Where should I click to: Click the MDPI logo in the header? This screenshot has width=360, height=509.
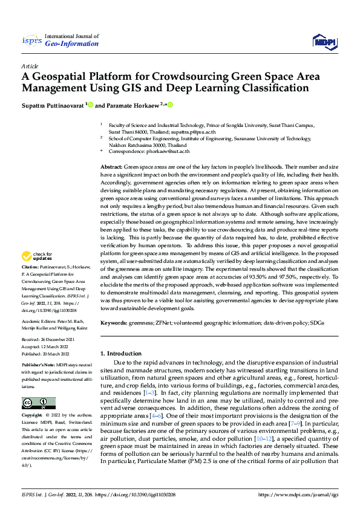click(x=324, y=41)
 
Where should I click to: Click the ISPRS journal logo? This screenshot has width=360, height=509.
click(x=31, y=41)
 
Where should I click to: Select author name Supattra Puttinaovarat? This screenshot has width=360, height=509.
click(x=53, y=105)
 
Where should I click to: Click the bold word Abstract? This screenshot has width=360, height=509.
click(x=111, y=166)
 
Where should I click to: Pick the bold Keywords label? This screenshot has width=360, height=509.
click(x=113, y=323)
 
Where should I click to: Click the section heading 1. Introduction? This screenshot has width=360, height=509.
click(x=120, y=353)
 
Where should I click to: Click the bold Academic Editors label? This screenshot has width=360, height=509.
click(x=39, y=322)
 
